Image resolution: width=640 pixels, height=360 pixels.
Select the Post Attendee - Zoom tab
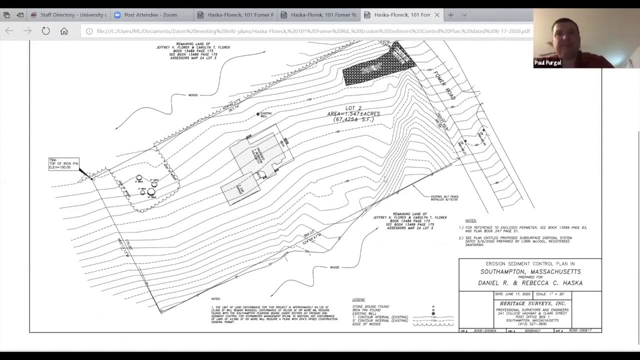[150, 15]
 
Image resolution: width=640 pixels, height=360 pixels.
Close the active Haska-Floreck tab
[437, 15]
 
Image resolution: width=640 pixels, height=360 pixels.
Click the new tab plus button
[450, 15]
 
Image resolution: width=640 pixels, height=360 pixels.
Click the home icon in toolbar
[64, 31]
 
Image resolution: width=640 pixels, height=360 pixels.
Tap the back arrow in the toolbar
[9, 31]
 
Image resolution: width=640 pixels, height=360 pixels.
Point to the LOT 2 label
[353, 108]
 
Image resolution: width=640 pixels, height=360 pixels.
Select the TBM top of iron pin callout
[63, 164]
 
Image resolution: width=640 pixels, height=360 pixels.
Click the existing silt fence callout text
[444, 198]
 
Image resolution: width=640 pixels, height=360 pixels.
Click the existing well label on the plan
[266, 114]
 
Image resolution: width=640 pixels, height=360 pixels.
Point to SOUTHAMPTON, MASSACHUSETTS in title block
[530, 271]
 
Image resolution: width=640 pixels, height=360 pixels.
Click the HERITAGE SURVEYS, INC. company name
[532, 303]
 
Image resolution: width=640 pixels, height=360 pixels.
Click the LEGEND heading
[358, 300]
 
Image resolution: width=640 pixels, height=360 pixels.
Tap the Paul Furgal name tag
[547, 63]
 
